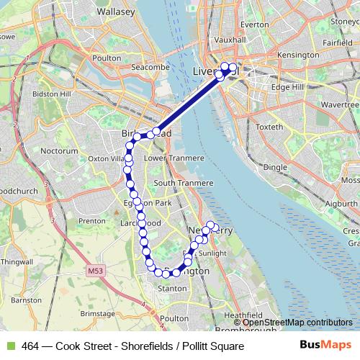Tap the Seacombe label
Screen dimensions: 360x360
pyautogui.click(x=148, y=67)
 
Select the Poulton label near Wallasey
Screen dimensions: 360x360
pyautogui.click(x=107, y=58)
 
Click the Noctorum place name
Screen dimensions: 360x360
pyautogui.click(x=60, y=152)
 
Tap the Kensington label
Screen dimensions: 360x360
pyautogui.click(x=297, y=55)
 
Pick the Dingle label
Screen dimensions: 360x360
pyautogui.click(x=275, y=166)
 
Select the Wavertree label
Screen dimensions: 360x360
pyautogui.click(x=340, y=104)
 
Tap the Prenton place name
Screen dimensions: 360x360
pyautogui.click(x=92, y=221)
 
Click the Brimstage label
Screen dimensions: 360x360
pyautogui.click(x=97, y=314)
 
